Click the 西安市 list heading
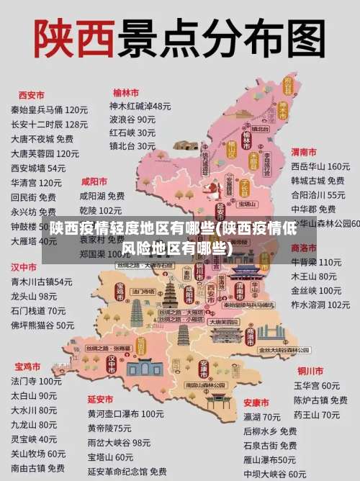(31, 94)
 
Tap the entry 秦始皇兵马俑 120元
(49, 109)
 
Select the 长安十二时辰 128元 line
(49, 124)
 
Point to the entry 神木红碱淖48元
(140, 106)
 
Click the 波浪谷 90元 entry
(132, 120)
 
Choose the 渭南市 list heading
(304, 152)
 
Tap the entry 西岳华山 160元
(320, 166)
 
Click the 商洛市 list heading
(304, 247)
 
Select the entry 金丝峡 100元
(316, 290)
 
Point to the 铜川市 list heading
(310, 371)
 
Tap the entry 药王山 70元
(316, 415)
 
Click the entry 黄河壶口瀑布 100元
(125, 414)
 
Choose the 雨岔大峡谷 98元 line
(119, 443)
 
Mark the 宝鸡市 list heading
(28, 366)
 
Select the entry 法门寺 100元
(36, 381)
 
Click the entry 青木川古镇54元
(41, 282)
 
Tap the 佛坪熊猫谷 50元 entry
(42, 325)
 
